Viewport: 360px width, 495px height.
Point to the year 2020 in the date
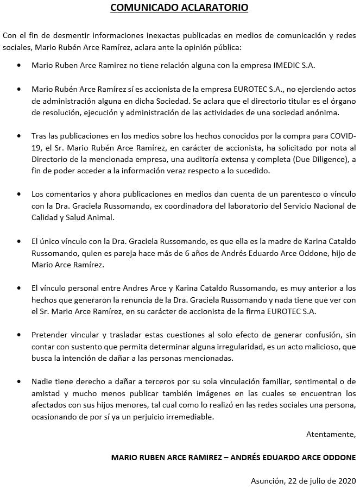point(346,481)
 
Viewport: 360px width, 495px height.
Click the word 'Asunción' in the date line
point(267,481)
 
